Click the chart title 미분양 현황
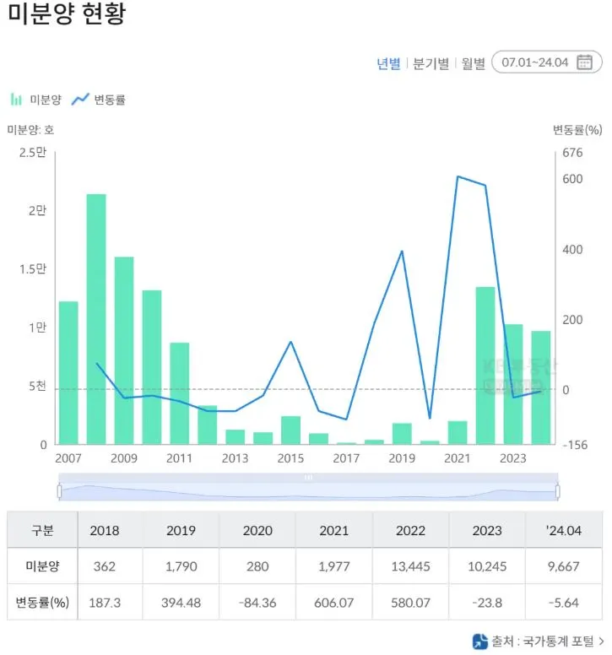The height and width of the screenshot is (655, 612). pos(67,14)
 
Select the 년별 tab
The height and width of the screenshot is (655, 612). pos(388,63)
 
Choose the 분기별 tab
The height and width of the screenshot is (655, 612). pos(431,63)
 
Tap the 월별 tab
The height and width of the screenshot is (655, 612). pos(473,63)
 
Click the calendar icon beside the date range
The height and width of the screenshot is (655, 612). pos(584,62)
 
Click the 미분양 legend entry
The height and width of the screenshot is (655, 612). pos(37,100)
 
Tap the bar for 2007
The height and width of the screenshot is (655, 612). pos(68,372)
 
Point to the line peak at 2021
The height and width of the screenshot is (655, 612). pos(458,176)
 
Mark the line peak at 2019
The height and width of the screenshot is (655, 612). pos(402,251)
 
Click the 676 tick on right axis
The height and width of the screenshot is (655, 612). pos(573,153)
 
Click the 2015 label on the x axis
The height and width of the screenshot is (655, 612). pos(290,458)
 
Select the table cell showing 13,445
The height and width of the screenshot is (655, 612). pos(410,566)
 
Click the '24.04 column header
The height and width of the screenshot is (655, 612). pos(564,530)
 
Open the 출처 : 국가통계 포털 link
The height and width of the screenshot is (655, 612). pos(538,641)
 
